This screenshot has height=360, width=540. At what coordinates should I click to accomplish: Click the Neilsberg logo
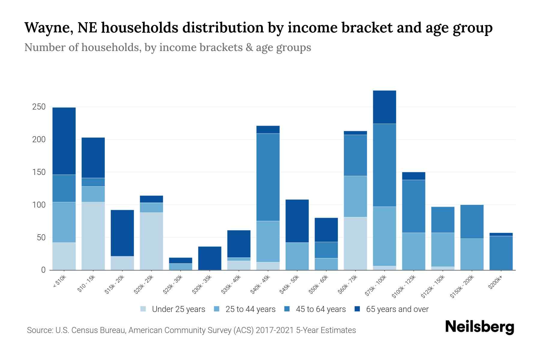click(x=479, y=327)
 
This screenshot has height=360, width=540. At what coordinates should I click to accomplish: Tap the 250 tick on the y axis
click(x=39, y=107)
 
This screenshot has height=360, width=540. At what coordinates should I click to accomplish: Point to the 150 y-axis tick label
click(x=39, y=172)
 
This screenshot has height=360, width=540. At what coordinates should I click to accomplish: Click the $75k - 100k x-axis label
click(x=376, y=286)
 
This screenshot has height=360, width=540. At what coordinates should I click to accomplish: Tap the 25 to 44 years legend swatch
click(x=217, y=309)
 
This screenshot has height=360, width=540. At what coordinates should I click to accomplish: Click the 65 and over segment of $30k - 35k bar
click(x=210, y=258)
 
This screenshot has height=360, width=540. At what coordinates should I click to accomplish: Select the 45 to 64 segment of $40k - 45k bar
click(x=268, y=177)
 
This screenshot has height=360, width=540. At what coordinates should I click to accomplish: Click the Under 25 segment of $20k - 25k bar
click(x=151, y=241)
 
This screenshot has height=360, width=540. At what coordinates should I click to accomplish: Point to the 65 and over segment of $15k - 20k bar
click(x=122, y=233)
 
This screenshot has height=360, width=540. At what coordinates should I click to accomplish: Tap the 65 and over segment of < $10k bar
click(x=64, y=141)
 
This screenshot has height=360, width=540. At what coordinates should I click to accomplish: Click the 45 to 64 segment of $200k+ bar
click(x=501, y=253)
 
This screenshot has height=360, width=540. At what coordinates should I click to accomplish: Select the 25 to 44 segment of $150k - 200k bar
click(x=472, y=254)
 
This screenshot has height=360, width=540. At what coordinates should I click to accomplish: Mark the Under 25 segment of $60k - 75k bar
click(x=355, y=243)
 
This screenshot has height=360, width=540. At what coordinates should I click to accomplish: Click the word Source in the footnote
click(x=39, y=330)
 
